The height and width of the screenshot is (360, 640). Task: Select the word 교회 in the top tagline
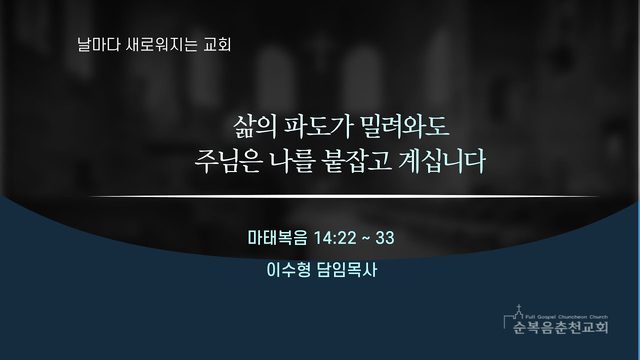(x=217, y=44)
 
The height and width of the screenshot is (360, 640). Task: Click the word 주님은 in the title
(x=227, y=161)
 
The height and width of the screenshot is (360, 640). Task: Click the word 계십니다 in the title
(x=443, y=161)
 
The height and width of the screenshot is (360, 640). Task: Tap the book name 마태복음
(x=278, y=238)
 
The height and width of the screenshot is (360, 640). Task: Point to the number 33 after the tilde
(x=385, y=238)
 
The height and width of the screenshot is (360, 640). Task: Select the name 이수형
(x=288, y=270)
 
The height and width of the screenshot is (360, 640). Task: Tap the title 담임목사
(x=347, y=270)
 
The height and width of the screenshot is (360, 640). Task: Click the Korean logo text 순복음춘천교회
(x=560, y=327)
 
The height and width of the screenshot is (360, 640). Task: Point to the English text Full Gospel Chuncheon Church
(x=566, y=317)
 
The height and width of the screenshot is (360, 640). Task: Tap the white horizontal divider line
(x=343, y=196)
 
